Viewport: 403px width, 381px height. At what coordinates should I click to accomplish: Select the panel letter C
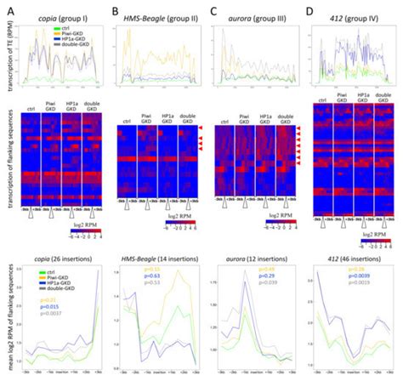[x=213, y=10]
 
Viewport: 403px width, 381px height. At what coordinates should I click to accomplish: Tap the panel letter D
[x=310, y=10]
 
